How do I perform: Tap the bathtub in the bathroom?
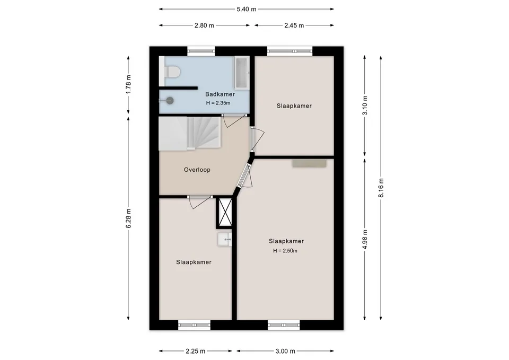(x=242, y=73)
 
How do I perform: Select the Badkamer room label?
(x=220, y=94)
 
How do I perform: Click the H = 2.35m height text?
(x=218, y=103)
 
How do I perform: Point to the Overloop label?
(x=197, y=170)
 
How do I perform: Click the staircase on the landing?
(x=190, y=134)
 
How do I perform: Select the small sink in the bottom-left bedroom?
(x=225, y=240)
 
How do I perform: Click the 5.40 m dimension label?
(x=247, y=9)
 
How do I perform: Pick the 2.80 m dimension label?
(x=204, y=25)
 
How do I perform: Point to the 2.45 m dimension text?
(x=294, y=25)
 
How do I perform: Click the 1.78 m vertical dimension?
(x=128, y=84)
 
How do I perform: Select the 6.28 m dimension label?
(x=128, y=218)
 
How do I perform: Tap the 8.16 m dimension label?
(x=381, y=188)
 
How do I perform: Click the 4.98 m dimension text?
(x=365, y=240)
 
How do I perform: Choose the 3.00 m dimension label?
(x=285, y=351)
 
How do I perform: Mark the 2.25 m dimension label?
(x=196, y=351)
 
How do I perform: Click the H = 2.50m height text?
(x=285, y=251)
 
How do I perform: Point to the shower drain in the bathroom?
(x=170, y=101)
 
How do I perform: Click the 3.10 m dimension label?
(x=365, y=105)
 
